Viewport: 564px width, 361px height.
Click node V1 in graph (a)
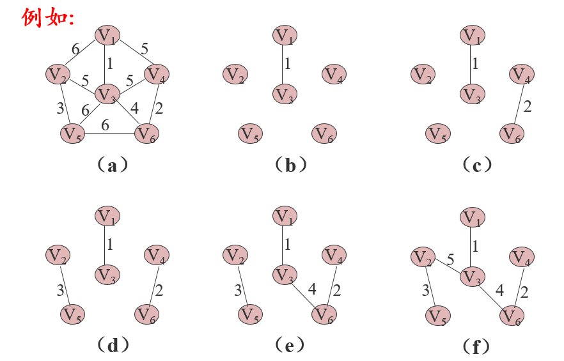coord(107,35)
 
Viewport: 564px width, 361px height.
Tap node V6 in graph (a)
coord(146,134)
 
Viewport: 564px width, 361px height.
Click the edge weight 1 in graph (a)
coord(110,64)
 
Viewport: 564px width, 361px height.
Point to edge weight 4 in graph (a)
coord(135,107)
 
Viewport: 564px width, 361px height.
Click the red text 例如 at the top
coord(49,17)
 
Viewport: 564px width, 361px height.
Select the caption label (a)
coord(113,166)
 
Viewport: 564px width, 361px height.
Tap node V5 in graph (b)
coord(250,134)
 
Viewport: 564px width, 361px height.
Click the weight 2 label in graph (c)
coord(527,107)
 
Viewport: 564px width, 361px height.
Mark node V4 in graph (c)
coord(522,75)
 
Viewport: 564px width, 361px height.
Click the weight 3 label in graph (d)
coord(60,291)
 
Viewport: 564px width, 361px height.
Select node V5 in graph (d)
coord(74,315)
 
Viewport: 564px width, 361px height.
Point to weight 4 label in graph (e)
coord(312,289)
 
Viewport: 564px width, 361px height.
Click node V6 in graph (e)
coord(324,315)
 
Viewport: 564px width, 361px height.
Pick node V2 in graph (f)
coord(422,257)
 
